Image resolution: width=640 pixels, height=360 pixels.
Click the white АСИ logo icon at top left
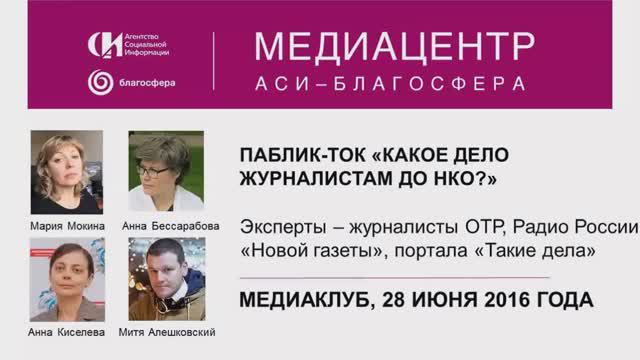[104, 45]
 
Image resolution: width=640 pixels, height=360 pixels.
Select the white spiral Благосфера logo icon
[101, 82]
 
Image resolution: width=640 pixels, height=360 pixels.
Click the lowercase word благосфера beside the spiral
[147, 83]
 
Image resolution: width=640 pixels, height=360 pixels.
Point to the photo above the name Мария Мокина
[67, 173]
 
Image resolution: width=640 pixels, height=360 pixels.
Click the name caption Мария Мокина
[67, 226]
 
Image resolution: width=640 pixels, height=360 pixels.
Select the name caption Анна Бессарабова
[170, 226]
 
